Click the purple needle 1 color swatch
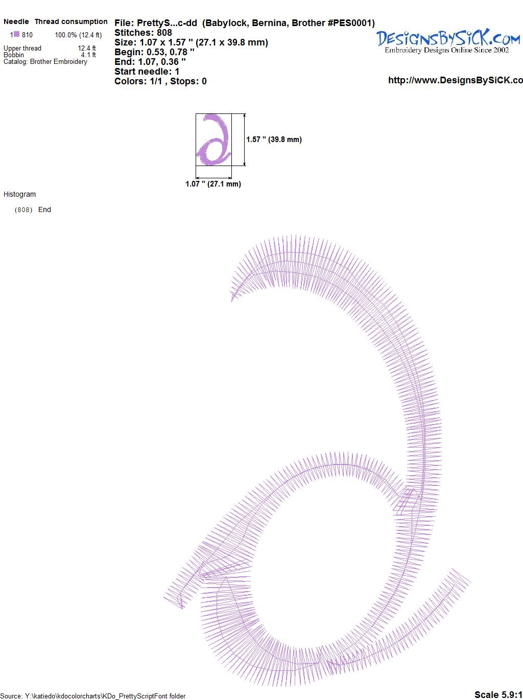click(16, 34)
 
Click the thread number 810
click(27, 35)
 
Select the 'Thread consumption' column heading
click(71, 21)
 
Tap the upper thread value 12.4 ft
click(87, 48)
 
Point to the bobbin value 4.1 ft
click(88, 55)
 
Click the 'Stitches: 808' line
click(143, 33)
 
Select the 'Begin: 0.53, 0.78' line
click(154, 52)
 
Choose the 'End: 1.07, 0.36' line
click(150, 61)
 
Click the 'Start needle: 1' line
click(147, 72)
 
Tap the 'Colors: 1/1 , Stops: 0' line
click(161, 81)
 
